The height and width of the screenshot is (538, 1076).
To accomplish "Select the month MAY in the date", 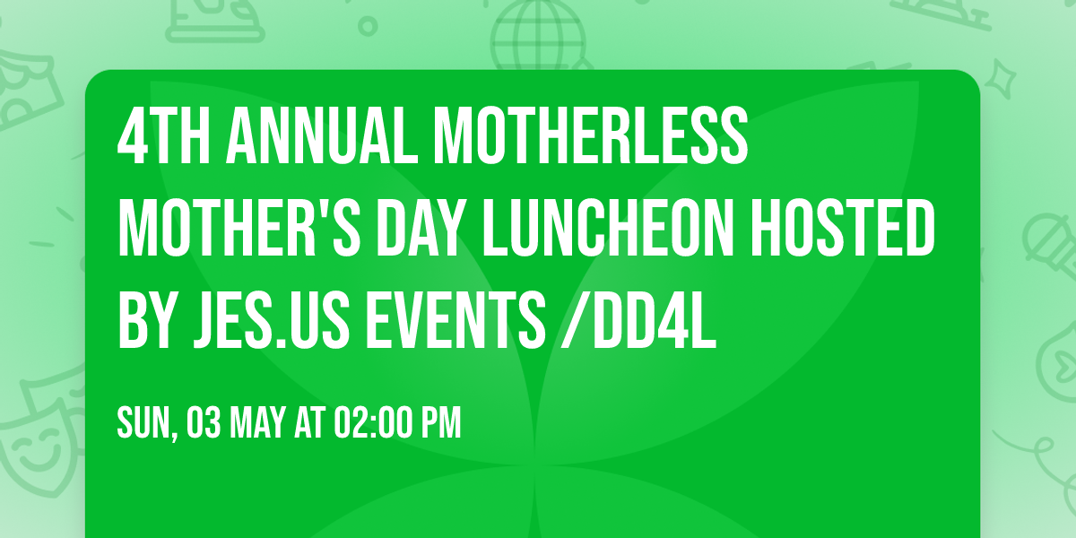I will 256,422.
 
